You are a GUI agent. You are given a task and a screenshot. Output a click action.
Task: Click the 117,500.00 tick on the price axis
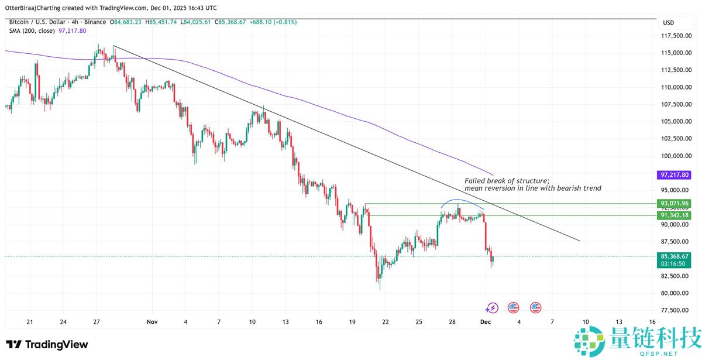point(674,36)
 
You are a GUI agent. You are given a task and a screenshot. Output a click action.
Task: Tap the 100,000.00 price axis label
point(674,156)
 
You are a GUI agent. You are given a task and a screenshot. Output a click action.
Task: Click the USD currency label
point(668,22)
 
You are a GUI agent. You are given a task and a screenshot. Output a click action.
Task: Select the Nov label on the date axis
point(153,322)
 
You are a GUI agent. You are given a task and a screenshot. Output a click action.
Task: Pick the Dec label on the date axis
point(485,322)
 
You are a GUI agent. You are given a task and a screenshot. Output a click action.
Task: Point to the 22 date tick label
point(386,322)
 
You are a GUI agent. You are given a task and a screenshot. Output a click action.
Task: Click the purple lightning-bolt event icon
point(492,307)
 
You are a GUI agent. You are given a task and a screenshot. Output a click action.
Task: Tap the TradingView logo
point(47,344)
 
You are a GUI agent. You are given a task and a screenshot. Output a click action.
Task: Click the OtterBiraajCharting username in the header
point(40,8)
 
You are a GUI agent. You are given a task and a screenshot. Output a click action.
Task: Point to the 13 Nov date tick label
point(285,322)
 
